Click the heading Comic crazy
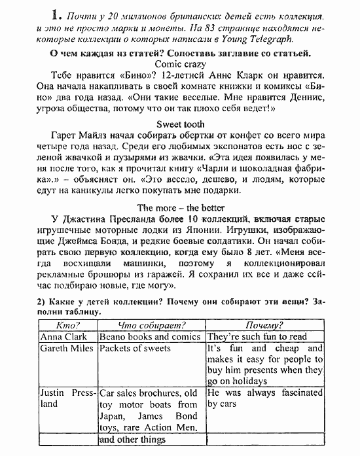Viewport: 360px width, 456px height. pos(180,64)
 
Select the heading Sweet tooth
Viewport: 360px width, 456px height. pos(180,123)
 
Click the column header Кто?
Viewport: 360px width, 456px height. pos(68,324)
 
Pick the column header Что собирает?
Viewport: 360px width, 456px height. pos(151,324)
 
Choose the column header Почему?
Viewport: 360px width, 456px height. pos(264,324)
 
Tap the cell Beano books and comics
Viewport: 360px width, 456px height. pos(150,336)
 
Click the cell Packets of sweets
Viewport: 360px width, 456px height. pos(135,349)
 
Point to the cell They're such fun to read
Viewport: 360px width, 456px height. pos(257,336)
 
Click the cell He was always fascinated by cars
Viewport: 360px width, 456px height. pos(264,398)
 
